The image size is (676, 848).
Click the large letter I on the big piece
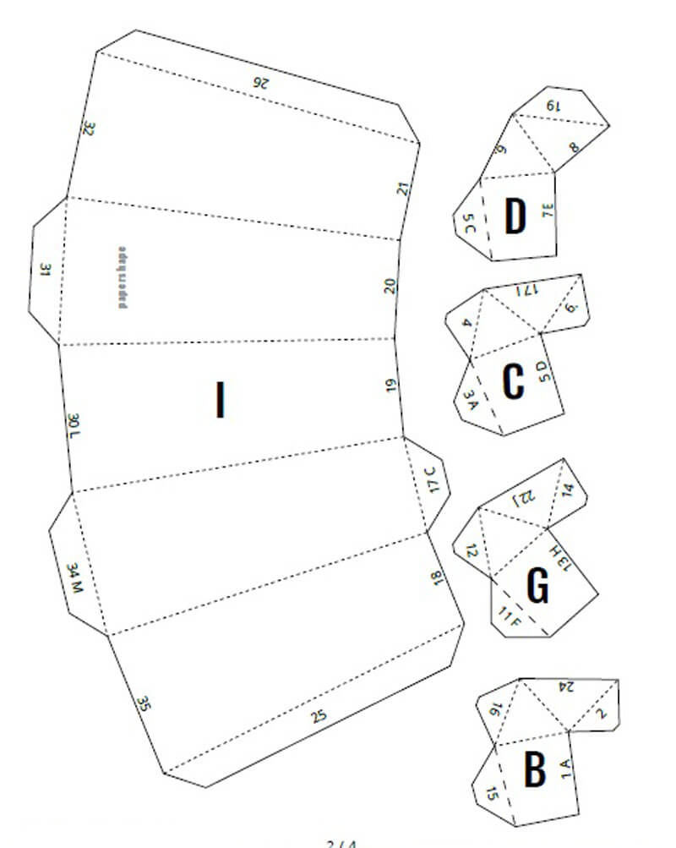click(221, 400)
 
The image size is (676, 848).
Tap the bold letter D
click(515, 216)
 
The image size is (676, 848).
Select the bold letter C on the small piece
click(513, 381)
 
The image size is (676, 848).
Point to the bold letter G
click(537, 586)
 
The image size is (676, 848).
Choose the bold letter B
click(534, 770)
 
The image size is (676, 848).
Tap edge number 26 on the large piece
click(260, 82)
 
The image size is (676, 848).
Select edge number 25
click(318, 717)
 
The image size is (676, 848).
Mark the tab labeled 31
click(46, 271)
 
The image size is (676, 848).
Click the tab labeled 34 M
click(75, 579)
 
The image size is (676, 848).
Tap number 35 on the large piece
click(144, 703)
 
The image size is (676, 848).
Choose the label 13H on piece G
click(559, 560)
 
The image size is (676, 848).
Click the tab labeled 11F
click(510, 618)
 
